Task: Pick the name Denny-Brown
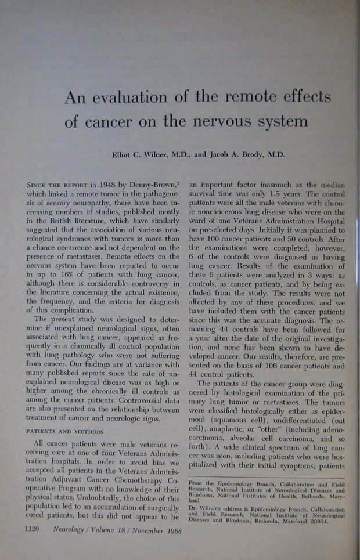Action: click(152, 185)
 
